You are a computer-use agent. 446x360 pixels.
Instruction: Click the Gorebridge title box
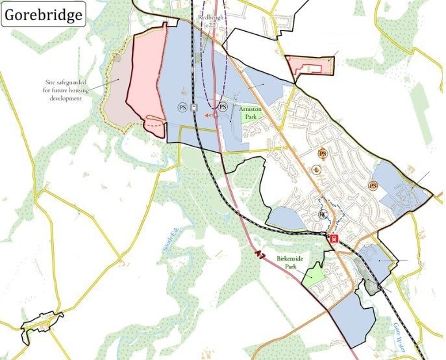pyautogui.click(x=44, y=14)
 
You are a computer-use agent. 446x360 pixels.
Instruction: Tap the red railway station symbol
pyautogui.click(x=334, y=238)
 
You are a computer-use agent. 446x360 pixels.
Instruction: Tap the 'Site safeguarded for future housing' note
pyautogui.click(x=64, y=90)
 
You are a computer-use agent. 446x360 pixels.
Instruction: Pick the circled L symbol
pyautogui.click(x=316, y=170)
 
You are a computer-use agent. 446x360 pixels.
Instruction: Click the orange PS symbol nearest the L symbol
pyautogui.click(x=323, y=154)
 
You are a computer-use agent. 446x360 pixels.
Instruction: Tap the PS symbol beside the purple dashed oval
pyautogui.click(x=223, y=106)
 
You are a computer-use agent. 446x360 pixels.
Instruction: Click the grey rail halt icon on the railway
pyautogui.click(x=194, y=108)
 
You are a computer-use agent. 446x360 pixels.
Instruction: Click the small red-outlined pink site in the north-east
pyautogui.click(x=310, y=66)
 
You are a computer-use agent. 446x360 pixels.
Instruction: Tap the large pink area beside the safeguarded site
pyautogui.click(x=146, y=78)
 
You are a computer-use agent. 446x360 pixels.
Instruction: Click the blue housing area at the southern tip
pyautogui.click(x=352, y=318)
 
